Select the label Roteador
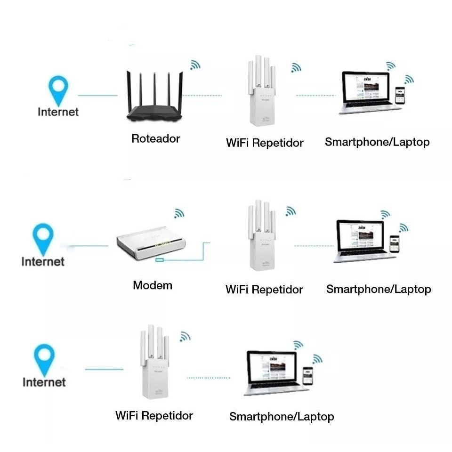tap(155, 138)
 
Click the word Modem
tap(153, 285)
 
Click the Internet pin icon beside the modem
tap(43, 239)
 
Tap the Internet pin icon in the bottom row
tap(44, 359)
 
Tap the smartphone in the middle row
tap(395, 245)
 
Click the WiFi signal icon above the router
tap(195, 65)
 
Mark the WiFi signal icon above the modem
tap(179, 213)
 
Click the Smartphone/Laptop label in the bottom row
tap(282, 416)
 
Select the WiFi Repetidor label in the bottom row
tap(154, 415)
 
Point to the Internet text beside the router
tap(58, 112)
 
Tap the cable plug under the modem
tap(161, 259)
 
